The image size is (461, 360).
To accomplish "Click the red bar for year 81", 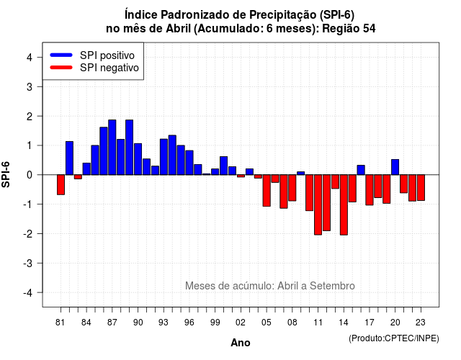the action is tap(61, 184).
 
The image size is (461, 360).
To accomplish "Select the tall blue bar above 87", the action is tap(112, 147).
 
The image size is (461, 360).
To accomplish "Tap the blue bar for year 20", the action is tap(395, 167).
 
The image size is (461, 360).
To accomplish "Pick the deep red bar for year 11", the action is tap(318, 204).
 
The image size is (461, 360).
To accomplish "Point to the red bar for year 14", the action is tap(344, 204).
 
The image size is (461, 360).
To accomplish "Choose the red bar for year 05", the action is tap(267, 190).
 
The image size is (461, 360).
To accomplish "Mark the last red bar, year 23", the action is tap(421, 188).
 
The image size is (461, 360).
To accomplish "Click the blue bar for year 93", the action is tap(164, 157).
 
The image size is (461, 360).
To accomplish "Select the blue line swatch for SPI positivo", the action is tap(61, 55).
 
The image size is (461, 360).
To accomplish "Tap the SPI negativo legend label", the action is tap(109, 68).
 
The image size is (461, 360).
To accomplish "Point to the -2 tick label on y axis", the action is tap(29, 233).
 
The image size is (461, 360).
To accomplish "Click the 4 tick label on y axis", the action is tap(30, 58).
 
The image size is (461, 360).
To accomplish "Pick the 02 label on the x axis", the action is tap(241, 323).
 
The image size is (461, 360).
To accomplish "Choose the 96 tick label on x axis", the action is tap(189, 323).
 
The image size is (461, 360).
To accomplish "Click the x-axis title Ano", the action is tap(241, 343).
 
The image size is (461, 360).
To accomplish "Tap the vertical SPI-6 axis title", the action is tap(6, 174).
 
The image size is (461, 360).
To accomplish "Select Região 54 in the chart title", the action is tap(349, 29).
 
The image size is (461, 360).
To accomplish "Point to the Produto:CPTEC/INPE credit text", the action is tap(394, 338).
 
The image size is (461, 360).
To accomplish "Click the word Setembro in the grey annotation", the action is tap(332, 286).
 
